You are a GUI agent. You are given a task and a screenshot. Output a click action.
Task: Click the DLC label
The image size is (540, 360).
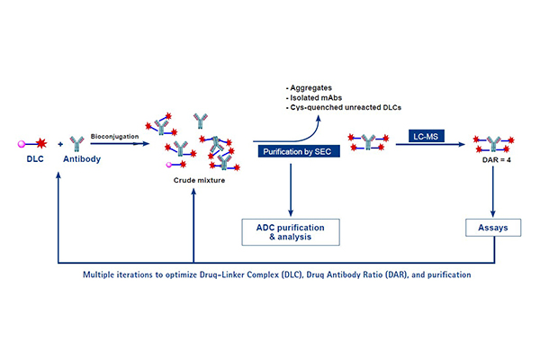(x=29, y=161)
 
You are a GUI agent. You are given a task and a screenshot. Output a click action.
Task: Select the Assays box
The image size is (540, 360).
(x=493, y=228)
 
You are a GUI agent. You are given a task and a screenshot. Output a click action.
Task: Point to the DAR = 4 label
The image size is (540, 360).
(x=491, y=157)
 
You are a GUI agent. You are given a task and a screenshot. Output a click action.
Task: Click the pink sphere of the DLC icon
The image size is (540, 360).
(x=20, y=143)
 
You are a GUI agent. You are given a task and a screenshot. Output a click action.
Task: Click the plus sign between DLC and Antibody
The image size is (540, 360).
(x=60, y=143)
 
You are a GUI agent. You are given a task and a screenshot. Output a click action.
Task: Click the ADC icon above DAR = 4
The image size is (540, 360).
(x=491, y=140)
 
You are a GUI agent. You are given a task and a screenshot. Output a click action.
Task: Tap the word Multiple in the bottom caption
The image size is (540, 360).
(x=103, y=272)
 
